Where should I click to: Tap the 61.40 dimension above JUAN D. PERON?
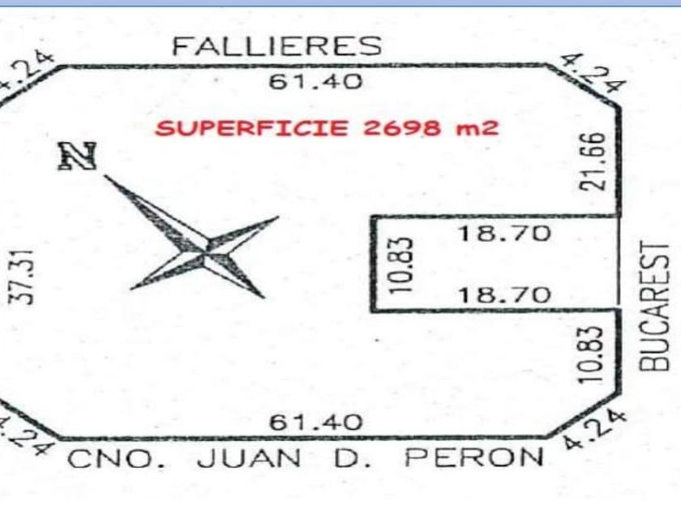pyautogui.click(x=315, y=423)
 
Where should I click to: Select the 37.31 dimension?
pyautogui.click(x=27, y=277)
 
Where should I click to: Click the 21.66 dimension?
pyautogui.click(x=597, y=161)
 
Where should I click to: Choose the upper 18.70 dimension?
pyautogui.click(x=504, y=234)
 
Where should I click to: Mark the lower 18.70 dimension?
pyautogui.click(x=504, y=295)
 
